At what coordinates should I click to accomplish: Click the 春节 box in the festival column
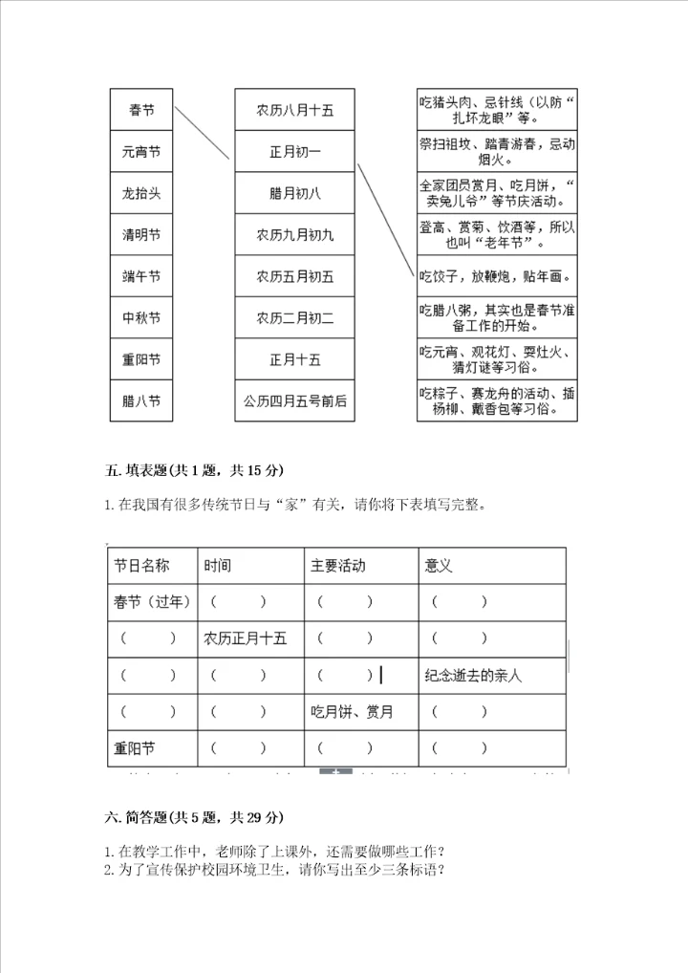tap(141, 111)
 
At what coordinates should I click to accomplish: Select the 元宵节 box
tap(141, 152)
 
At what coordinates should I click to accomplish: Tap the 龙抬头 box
tap(141, 193)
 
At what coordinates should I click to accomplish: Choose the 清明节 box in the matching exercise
tap(141, 235)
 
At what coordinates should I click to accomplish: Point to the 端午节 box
tap(141, 277)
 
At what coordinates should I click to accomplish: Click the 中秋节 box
tap(141, 318)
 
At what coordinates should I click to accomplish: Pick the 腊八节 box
tap(141, 400)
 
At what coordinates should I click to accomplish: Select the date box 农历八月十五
tap(295, 111)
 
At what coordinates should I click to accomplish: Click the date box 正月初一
tap(295, 152)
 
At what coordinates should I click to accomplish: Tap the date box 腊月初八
tap(295, 193)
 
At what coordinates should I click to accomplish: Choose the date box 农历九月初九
tap(295, 235)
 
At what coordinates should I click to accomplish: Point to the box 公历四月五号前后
tap(295, 400)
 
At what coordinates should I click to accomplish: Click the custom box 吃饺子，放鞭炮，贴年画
tap(497, 277)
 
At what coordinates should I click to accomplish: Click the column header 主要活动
tap(337, 566)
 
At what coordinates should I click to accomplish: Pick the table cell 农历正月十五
tap(246, 638)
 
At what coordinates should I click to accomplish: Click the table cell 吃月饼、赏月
tap(352, 712)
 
